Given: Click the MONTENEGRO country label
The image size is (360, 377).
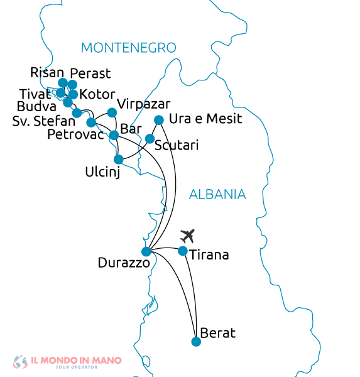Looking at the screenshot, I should pos(128,48).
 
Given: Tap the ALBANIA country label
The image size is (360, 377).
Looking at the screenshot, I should pos(217,195).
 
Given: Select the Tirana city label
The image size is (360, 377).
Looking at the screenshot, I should pos(209,256).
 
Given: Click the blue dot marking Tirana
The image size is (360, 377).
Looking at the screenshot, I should pos(183,251).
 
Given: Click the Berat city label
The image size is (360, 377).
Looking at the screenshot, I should pos(217,333).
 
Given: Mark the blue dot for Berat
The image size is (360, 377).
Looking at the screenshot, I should pos(196,342).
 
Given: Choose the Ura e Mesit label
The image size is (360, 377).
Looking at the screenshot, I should pos(205,119).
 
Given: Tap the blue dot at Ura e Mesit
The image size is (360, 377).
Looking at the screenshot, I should pos(159,119).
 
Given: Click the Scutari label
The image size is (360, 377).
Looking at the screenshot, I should pos(177,146).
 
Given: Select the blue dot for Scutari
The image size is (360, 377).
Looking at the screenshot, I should pos(150,138).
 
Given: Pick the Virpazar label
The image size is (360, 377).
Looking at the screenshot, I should pos(144,104).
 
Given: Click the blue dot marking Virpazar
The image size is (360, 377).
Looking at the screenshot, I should pos(112,112).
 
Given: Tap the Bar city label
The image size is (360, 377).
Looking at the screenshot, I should pos(131,129).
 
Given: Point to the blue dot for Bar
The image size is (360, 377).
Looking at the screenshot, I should pos(114,135).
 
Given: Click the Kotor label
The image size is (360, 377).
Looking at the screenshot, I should pos(97,95).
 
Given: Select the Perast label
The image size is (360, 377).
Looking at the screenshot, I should pos(90,74).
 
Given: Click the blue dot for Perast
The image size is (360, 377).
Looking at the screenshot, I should pos(72,85).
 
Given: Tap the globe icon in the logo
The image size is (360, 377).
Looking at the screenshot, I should pos(20,362).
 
